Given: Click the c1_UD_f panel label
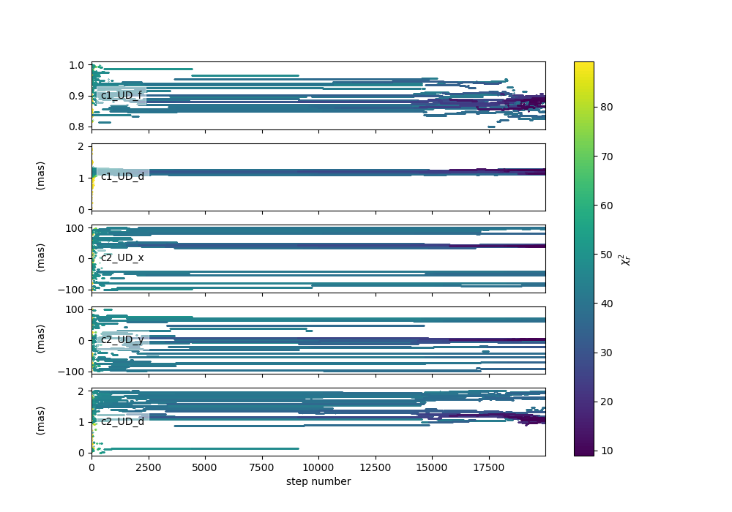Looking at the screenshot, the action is (x=122, y=96).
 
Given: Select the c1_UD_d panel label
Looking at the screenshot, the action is (x=122, y=177).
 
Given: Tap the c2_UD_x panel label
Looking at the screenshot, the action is (x=122, y=258).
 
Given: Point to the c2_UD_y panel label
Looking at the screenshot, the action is (x=122, y=339).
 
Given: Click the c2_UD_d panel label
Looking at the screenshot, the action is (x=122, y=421).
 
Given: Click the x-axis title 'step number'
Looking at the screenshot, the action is (x=318, y=481).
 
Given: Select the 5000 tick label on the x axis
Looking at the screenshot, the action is (x=205, y=467).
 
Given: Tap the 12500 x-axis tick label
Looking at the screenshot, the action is (x=375, y=467).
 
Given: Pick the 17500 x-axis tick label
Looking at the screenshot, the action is (x=489, y=467).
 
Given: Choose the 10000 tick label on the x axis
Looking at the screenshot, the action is (x=318, y=467).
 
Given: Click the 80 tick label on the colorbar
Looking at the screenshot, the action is (x=606, y=108).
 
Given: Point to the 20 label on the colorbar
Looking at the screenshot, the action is (x=606, y=402).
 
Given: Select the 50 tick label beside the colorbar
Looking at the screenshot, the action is (x=606, y=255).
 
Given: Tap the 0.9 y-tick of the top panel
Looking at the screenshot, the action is (x=77, y=96).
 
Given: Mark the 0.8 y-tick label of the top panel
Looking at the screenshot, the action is (x=77, y=127).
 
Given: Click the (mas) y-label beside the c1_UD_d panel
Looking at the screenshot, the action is (x=40, y=176).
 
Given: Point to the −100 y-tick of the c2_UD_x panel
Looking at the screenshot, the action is (x=71, y=290).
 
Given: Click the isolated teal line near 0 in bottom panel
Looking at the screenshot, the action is (x=201, y=448).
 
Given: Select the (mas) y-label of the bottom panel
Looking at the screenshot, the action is (x=40, y=421).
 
